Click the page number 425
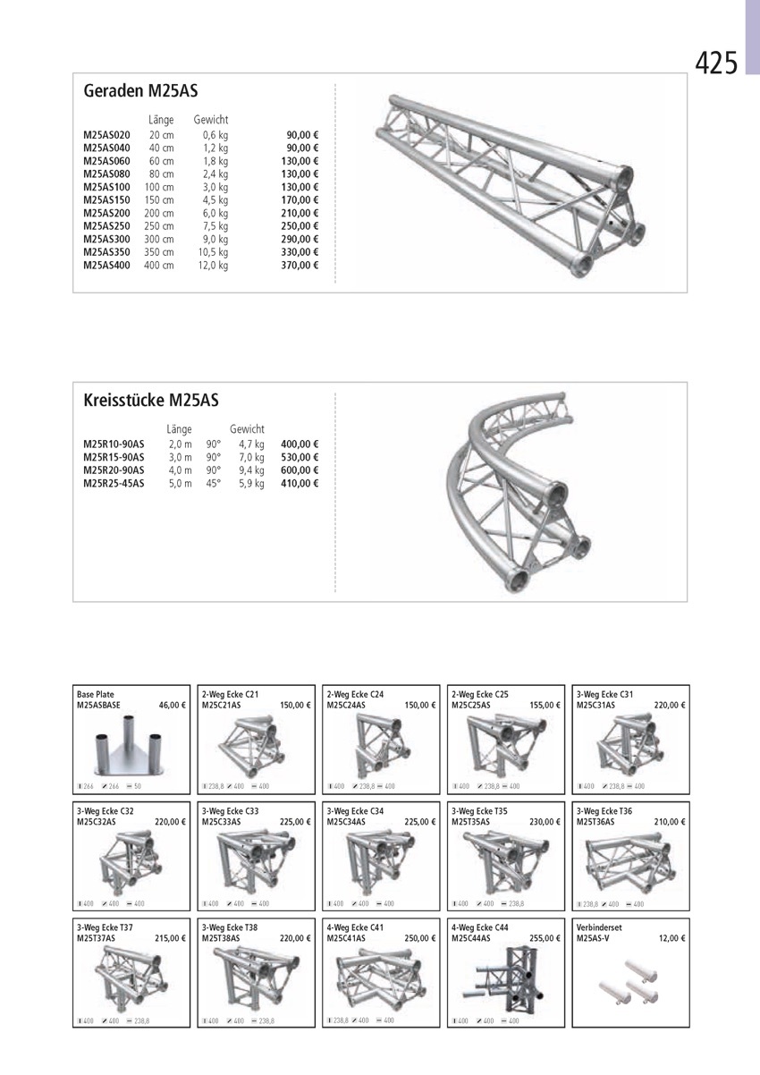coord(716,63)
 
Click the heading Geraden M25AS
coord(140,91)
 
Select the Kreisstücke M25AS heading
coord(151,401)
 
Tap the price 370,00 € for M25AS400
coord(300,266)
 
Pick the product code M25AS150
coord(107,200)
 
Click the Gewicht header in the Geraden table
coord(210,120)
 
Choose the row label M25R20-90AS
coord(114,470)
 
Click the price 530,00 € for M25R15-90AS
coord(300,457)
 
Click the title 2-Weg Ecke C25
coord(480,694)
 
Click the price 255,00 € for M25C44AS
coord(545,939)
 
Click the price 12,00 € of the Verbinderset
coord(671,939)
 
